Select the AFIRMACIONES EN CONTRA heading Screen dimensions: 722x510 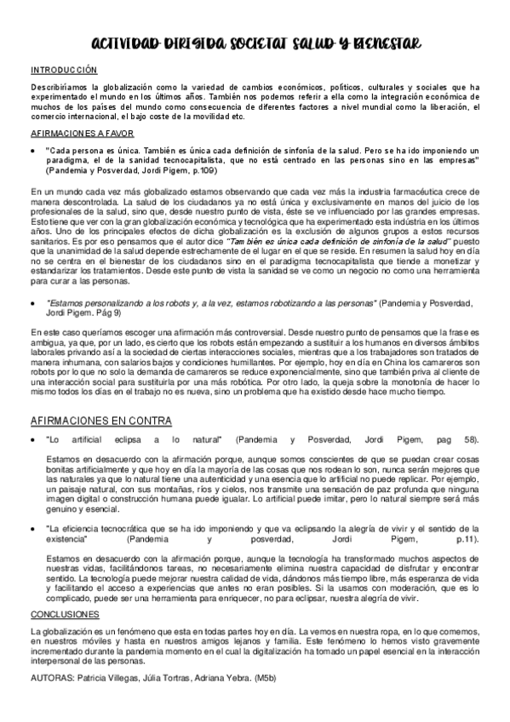pos(100,421)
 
